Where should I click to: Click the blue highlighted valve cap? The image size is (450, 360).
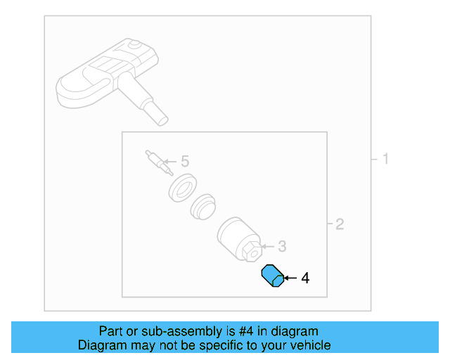(x=271, y=276)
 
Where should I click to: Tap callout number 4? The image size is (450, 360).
(x=304, y=278)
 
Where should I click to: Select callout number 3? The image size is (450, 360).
(x=282, y=246)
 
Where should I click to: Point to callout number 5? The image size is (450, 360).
(x=185, y=162)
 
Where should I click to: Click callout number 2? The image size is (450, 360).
(x=340, y=224)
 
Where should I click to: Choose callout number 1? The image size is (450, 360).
(x=385, y=159)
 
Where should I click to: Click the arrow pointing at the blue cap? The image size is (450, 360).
(x=289, y=278)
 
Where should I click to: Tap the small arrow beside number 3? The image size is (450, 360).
(x=267, y=246)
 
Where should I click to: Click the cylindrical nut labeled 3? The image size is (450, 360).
(x=236, y=237)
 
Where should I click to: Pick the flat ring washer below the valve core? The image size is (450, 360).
(x=183, y=188)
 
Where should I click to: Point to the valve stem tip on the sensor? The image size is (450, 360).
(x=161, y=117)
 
